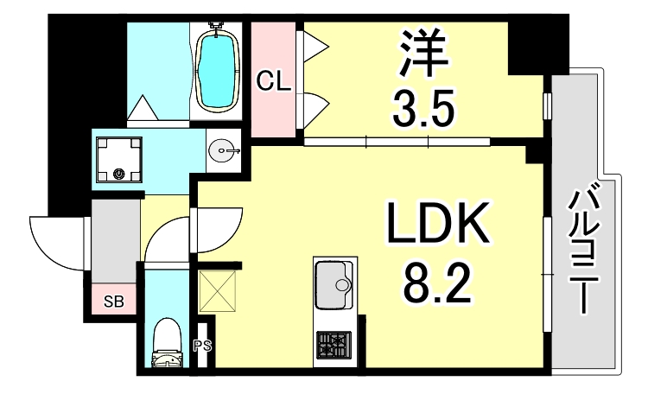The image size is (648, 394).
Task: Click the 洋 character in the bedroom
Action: (424, 54)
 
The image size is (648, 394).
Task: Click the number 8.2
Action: (437, 282)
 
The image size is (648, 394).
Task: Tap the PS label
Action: (202, 347)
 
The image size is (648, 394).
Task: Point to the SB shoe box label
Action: (113, 302)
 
